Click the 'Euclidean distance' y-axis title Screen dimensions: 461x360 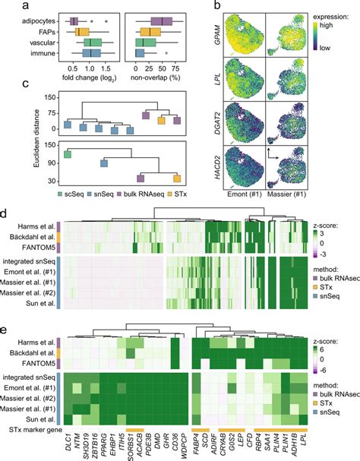pyautogui.click(x=8, y=139)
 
